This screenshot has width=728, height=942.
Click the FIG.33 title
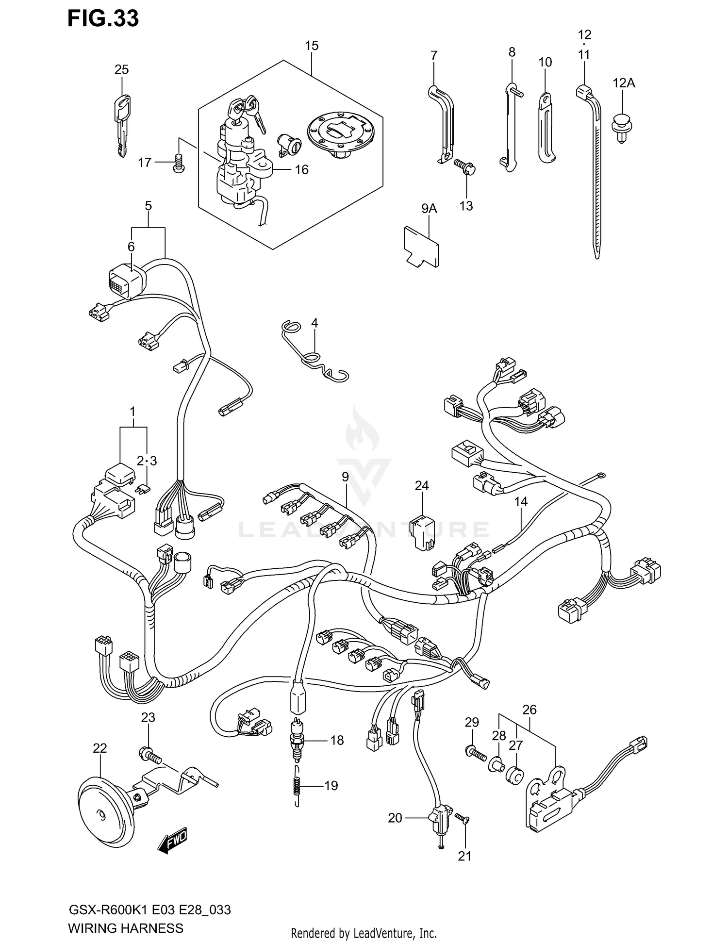coord(103,18)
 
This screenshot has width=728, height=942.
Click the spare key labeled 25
coord(123,124)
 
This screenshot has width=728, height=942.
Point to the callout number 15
coord(312,46)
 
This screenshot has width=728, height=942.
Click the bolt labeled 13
coord(465,168)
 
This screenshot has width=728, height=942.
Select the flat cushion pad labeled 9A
coord(422,245)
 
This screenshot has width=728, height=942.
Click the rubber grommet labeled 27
coord(515,774)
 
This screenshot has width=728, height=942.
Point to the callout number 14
coord(521,501)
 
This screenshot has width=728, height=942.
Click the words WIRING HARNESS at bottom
coord(126,928)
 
